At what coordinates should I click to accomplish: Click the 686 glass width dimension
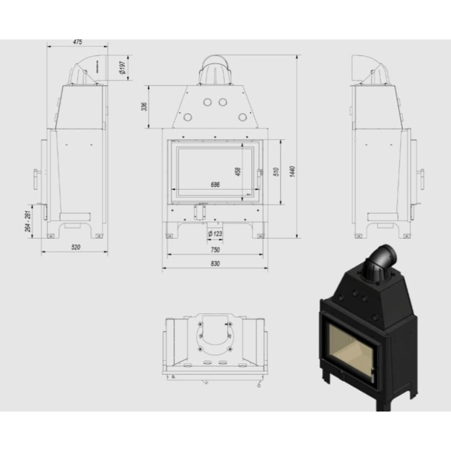tap(214, 184)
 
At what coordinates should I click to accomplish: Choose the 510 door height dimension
tap(276, 172)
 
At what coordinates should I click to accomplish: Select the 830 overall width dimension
tap(214, 263)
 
